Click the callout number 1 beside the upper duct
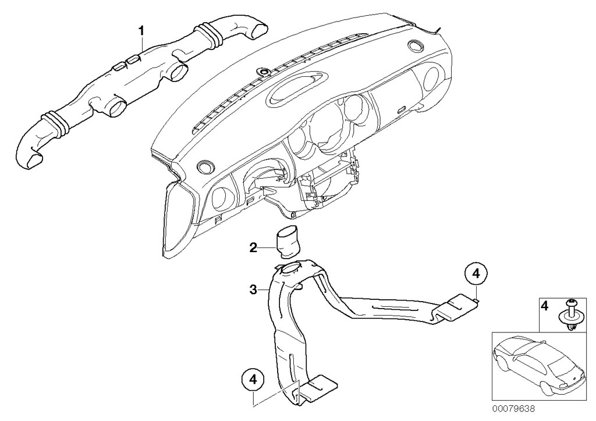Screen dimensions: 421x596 point(140,29)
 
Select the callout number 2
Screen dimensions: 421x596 point(253,248)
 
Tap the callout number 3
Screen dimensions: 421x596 point(253,289)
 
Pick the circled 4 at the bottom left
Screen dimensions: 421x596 point(253,379)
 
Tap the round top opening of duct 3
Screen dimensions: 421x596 point(290,269)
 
